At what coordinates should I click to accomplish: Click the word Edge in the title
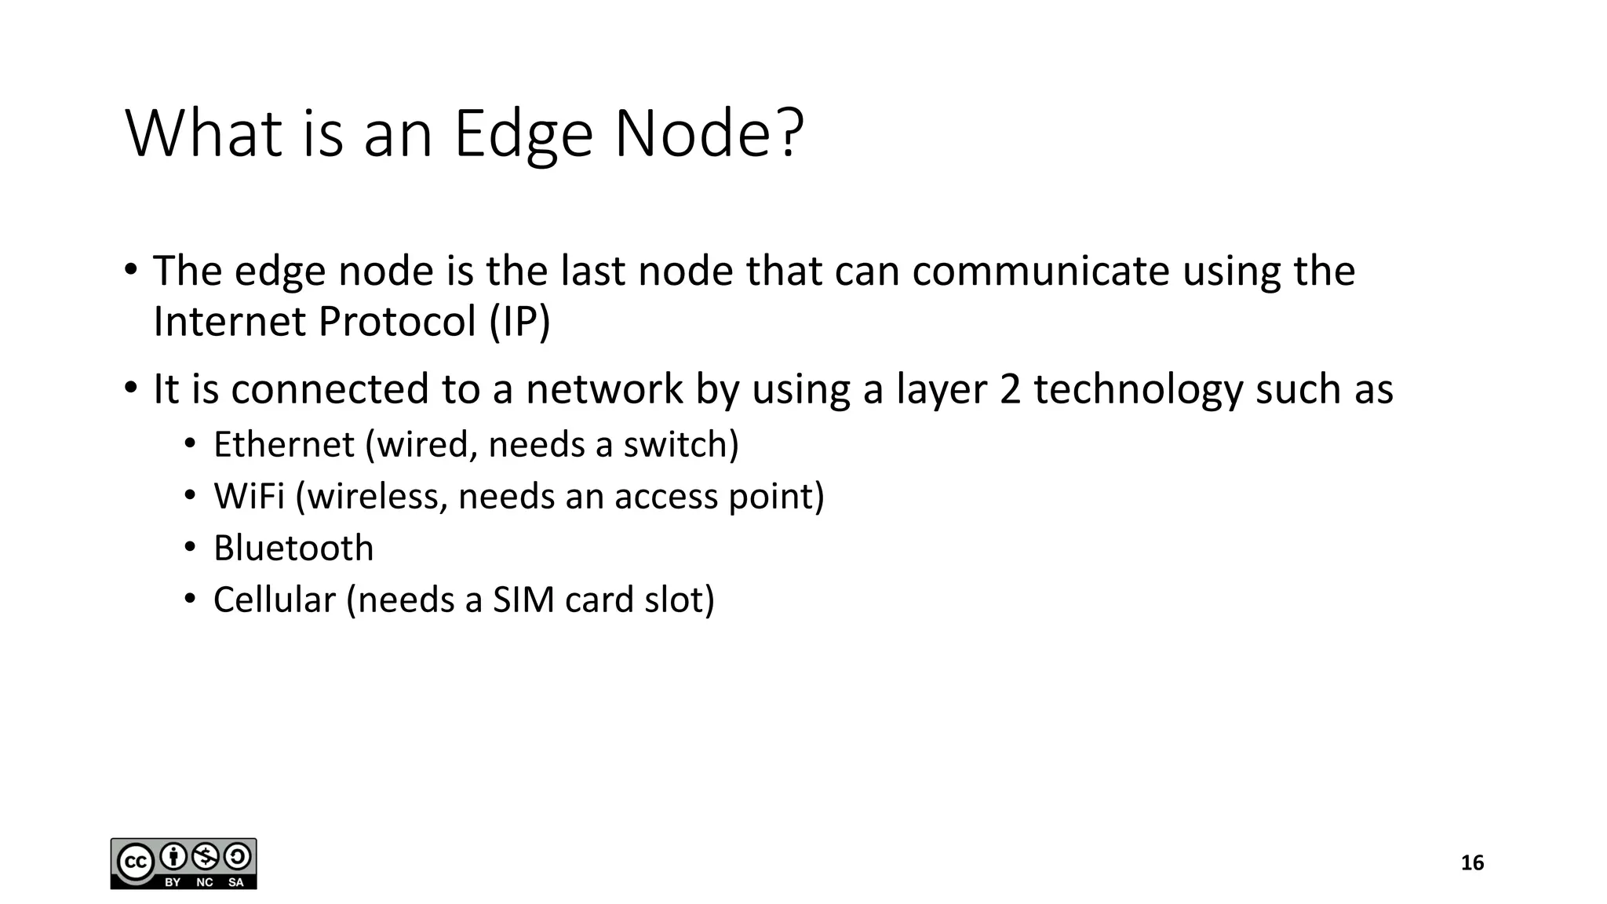point(523,135)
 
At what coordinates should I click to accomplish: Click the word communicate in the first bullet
point(1040,272)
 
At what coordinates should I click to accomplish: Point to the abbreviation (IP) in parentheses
point(519,322)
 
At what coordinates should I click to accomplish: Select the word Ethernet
point(284,445)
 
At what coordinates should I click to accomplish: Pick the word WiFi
point(249,497)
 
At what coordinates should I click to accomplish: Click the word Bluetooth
point(293,549)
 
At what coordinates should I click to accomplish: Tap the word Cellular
point(275,600)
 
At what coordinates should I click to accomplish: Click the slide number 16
point(1472,863)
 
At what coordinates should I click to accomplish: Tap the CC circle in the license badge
point(134,863)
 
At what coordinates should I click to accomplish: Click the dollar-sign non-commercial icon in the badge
point(206,856)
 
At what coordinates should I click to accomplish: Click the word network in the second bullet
point(604,390)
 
